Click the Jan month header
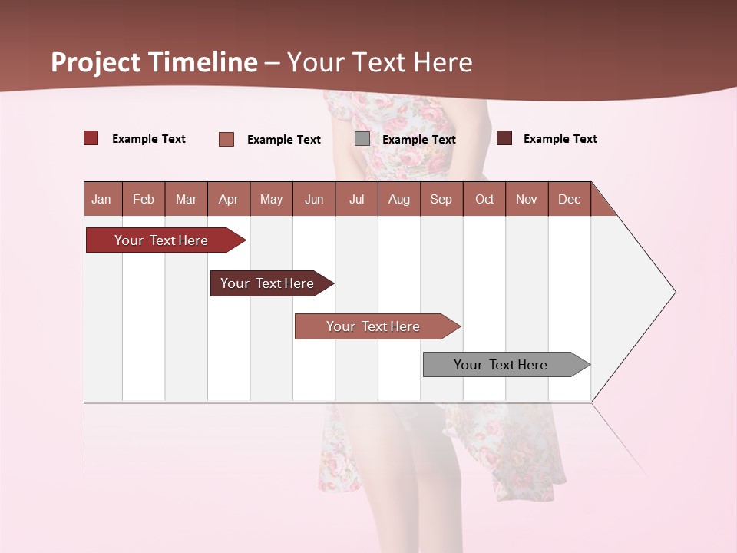pos(101,200)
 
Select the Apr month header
pos(229,200)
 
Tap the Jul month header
pos(356,200)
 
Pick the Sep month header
pos(441,200)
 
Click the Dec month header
pos(569,200)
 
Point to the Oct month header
pos(484,200)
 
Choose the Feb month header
pos(144,200)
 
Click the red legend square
pos(91,138)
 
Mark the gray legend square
pos(362,139)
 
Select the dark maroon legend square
pos(504,138)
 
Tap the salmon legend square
pos(226,139)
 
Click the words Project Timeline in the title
pos(154,62)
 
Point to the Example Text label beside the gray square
pos(419,140)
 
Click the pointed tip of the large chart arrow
pos(673,292)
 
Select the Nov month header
pos(527,200)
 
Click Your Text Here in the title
pos(379,62)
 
